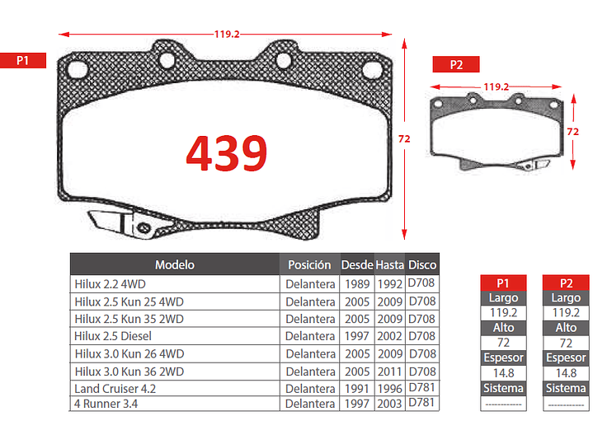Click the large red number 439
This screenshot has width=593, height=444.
pos(227,153)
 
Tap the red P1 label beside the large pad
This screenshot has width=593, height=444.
pos(23,60)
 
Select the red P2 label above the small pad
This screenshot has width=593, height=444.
pos(456,64)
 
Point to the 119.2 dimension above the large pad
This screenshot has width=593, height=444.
pos(227,35)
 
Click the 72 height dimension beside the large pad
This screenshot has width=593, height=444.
pos(404,139)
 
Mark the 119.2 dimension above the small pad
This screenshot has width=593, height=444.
pos(497,87)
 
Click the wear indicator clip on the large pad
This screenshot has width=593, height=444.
pos(121,224)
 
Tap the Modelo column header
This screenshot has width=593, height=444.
pos(175,265)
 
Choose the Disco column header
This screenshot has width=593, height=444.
pos(422,265)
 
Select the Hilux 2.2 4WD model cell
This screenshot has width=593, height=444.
pos(110,284)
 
